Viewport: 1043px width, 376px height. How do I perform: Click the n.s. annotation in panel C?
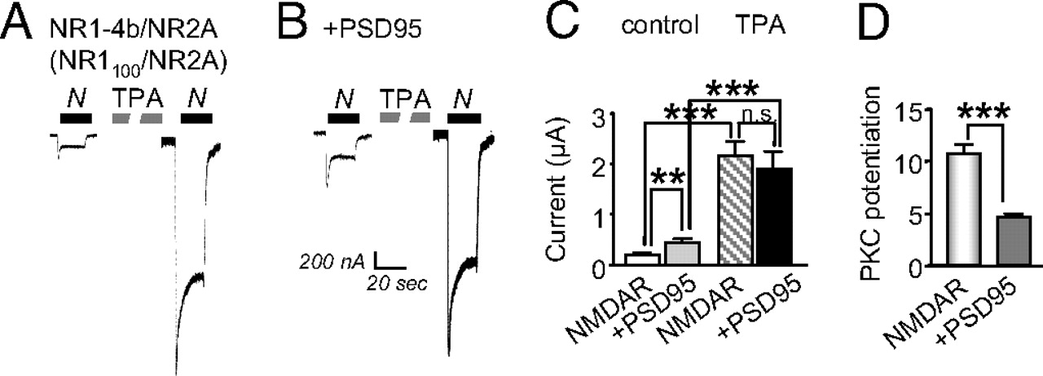(757, 115)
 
